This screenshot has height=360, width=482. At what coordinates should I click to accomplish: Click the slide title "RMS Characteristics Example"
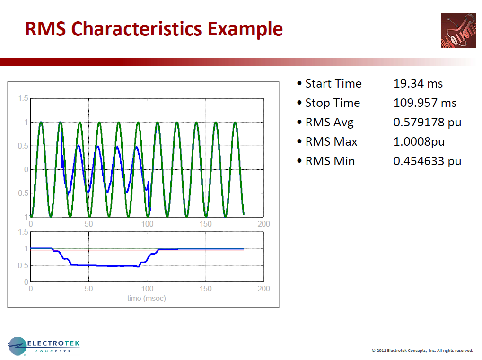[154, 29]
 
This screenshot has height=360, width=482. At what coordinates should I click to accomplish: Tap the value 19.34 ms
[418, 84]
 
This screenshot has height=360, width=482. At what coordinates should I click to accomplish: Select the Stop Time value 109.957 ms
[425, 103]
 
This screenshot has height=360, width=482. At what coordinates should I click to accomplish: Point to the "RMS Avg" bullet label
[329, 123]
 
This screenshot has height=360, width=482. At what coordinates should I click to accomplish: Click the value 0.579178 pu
[427, 123]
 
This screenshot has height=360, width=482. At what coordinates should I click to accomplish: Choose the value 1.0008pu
[419, 142]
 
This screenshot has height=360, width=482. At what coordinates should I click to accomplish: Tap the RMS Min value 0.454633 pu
[427, 161]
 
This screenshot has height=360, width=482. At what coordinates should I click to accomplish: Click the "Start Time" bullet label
[333, 84]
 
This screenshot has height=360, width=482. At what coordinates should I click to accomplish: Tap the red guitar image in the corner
[458, 30]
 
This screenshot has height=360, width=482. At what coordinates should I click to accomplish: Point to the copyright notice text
[422, 351]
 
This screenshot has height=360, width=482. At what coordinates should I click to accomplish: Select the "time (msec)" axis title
[147, 298]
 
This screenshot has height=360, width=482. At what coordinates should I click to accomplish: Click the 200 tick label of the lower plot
[263, 289]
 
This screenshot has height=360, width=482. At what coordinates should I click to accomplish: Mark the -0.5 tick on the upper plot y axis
[21, 193]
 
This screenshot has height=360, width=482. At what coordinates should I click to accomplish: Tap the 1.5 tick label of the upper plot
[23, 98]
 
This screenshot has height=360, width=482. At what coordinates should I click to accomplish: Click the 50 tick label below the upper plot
[88, 224]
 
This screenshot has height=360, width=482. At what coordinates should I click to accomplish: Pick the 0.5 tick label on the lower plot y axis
[23, 265]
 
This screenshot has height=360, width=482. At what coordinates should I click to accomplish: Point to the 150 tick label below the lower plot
[205, 289]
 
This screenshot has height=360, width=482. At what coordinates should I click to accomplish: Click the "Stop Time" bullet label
[333, 103]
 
